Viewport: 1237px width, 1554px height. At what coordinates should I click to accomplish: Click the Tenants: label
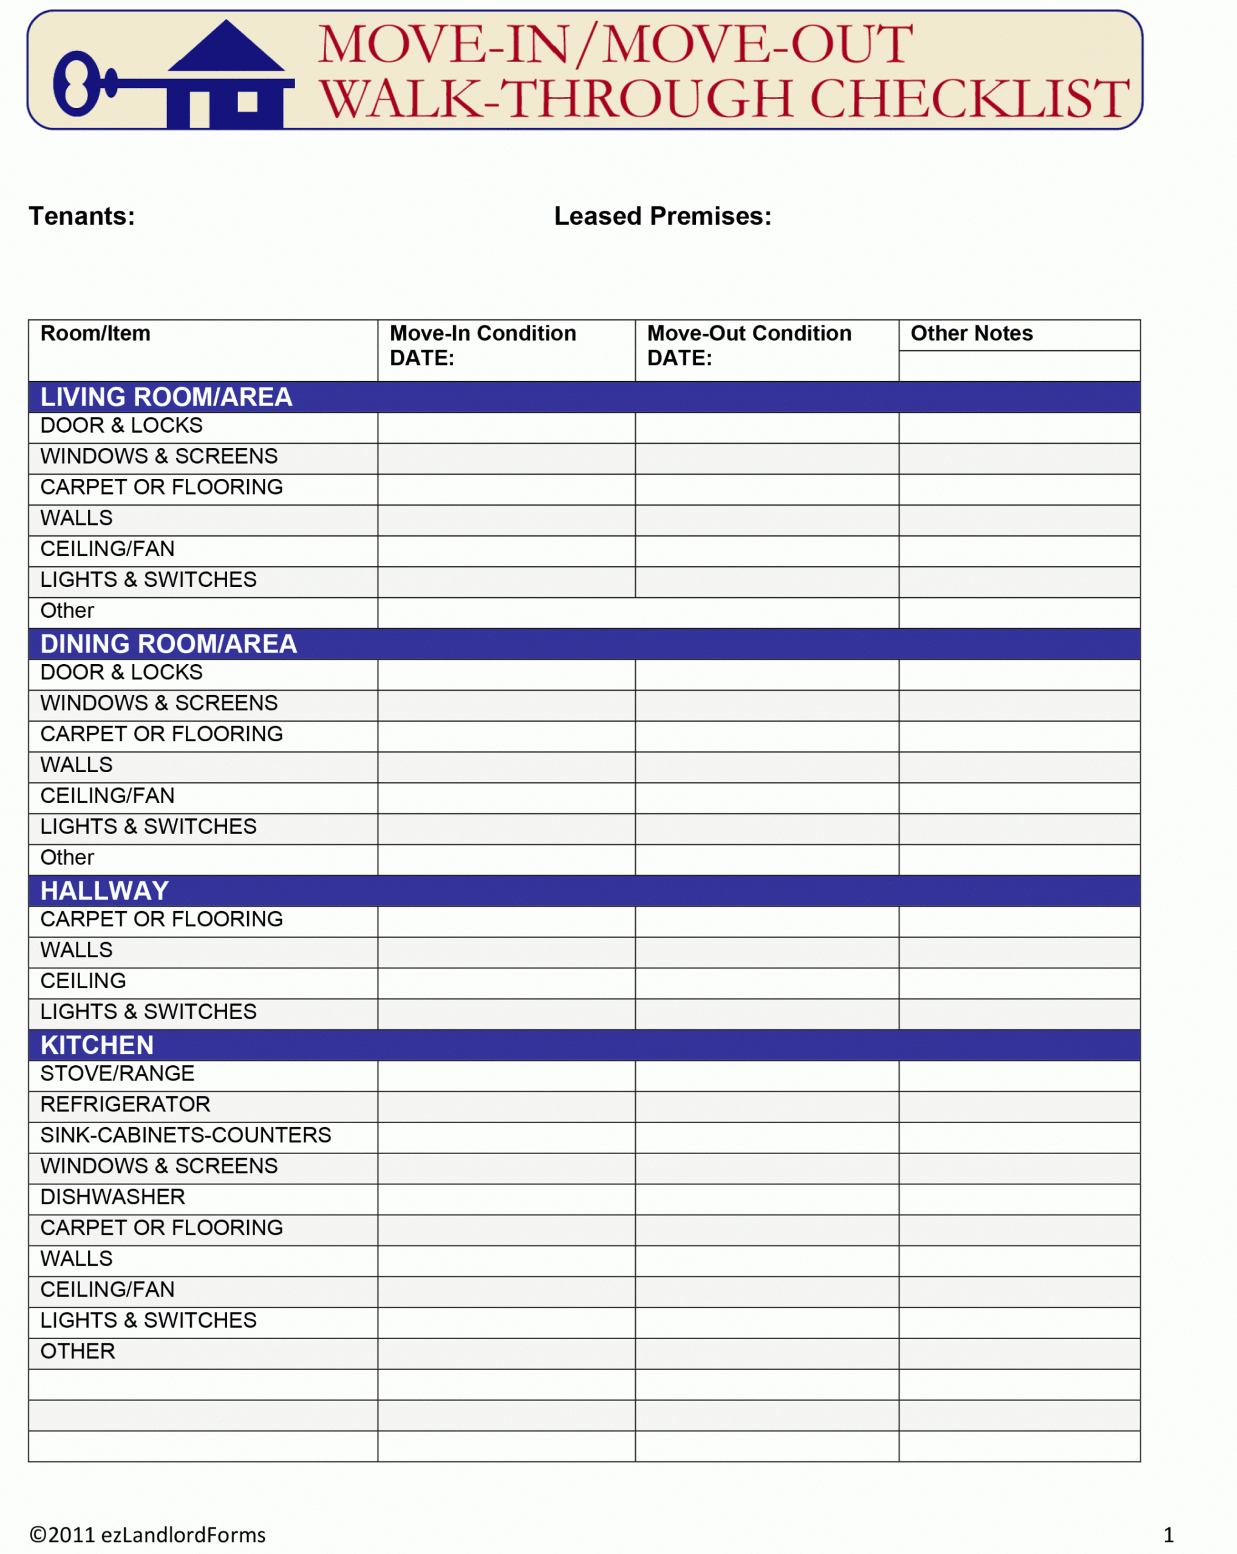(81, 216)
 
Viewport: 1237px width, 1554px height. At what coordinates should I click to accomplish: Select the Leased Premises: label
(663, 216)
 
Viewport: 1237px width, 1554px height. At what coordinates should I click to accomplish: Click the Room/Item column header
(95, 333)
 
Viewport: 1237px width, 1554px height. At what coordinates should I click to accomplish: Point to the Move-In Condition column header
(482, 333)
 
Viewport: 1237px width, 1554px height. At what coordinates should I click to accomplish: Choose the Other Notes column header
(971, 333)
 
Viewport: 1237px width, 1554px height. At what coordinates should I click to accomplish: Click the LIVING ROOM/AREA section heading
(166, 397)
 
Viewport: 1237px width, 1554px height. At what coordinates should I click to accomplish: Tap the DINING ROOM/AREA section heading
(168, 643)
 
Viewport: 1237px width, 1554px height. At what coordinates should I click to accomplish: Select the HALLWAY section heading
(104, 891)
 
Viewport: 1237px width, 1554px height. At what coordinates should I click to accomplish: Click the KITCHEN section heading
(97, 1045)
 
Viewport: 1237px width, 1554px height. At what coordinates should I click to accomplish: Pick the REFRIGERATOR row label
(124, 1104)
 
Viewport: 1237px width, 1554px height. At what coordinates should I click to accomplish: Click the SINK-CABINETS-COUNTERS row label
(185, 1135)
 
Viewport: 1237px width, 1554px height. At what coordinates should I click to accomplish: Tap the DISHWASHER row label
(112, 1196)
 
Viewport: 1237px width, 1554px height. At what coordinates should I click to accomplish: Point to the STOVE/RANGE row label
(117, 1073)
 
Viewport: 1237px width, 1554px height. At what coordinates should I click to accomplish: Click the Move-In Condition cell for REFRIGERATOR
(506, 1107)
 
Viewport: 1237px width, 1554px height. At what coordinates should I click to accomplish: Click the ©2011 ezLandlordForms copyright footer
(147, 1535)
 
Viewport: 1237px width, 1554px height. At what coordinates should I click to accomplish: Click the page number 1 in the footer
(1168, 1535)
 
